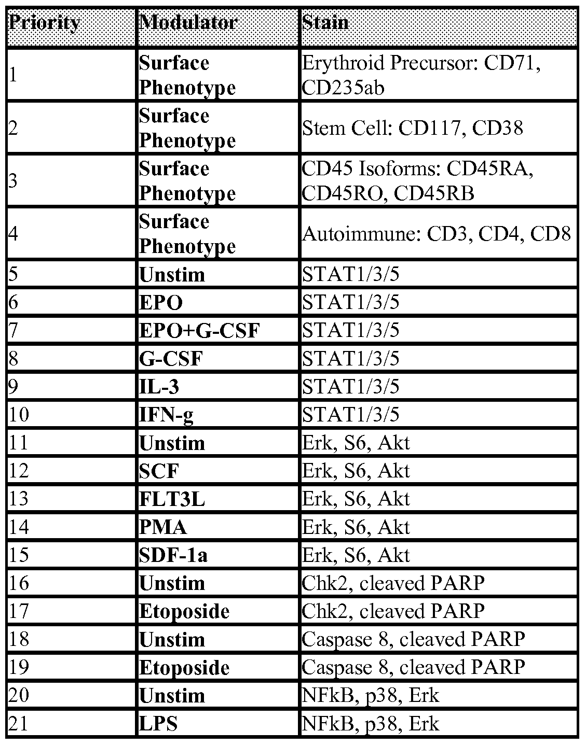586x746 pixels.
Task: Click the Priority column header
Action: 45,23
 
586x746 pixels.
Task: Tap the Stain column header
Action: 325,23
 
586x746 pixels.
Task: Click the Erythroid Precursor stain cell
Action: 421,75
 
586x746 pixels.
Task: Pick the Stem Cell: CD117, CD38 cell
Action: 413,128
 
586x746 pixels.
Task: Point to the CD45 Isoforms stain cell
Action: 417,181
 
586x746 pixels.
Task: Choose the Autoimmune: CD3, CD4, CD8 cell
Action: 437,234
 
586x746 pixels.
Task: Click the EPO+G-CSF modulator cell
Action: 199,330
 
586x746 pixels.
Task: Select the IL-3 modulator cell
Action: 159,387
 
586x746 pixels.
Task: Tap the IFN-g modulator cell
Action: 166,415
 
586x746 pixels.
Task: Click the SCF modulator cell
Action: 159,471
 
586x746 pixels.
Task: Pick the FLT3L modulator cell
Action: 172,499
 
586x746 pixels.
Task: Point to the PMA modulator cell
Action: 162,527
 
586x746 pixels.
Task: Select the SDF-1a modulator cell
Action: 173,555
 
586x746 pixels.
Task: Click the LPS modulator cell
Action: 158,724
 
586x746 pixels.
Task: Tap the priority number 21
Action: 19,724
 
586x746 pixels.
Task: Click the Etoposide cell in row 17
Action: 184,611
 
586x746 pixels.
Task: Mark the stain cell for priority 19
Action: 413,667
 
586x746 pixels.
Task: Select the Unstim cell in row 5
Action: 172,274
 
